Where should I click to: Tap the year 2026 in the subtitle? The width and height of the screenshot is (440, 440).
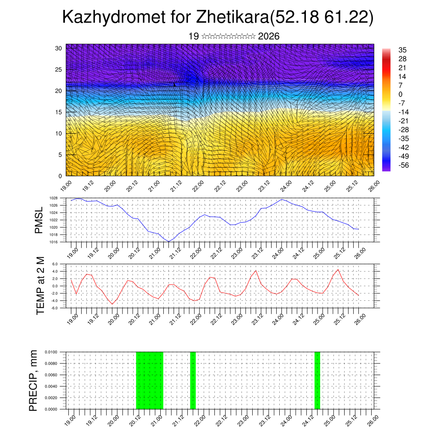tap(269, 37)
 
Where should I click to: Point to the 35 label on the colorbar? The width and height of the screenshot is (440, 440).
tap(403, 50)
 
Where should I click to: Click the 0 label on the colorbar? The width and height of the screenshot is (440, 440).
tap(400, 94)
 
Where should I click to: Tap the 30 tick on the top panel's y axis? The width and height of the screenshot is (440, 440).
tap(59, 48)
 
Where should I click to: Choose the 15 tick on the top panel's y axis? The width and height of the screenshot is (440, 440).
tap(59, 112)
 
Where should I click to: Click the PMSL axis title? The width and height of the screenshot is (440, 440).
tap(40, 220)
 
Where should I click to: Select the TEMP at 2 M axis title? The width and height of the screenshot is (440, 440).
tap(40, 286)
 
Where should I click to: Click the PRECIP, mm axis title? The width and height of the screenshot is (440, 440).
tap(34, 380)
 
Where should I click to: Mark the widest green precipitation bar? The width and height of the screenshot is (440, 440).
tap(150, 380)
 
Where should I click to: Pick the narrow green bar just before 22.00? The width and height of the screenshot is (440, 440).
tap(193, 380)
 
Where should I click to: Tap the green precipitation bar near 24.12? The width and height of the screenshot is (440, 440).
tap(317, 380)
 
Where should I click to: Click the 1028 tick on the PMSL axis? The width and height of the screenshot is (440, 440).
tap(53, 198)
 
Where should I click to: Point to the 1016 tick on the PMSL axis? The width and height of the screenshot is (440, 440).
tap(53, 242)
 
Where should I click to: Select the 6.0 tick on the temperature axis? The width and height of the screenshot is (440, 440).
tap(55, 264)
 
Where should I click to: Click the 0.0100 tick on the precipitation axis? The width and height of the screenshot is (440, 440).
tap(51, 352)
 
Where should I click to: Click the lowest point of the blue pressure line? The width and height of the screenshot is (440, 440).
tap(169, 241)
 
